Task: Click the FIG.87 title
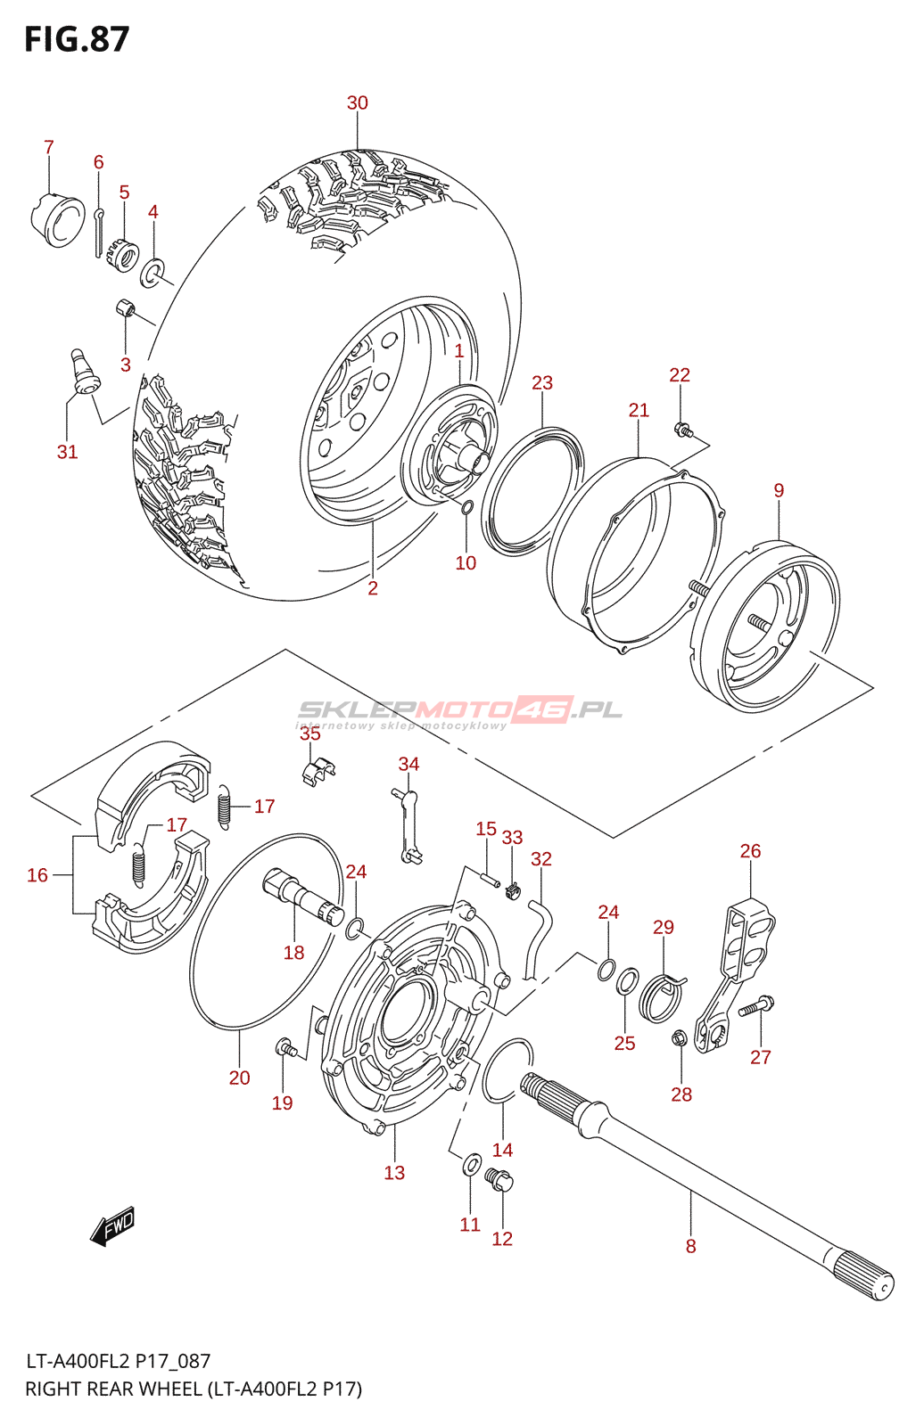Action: pos(77,39)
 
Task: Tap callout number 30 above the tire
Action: pos(358,102)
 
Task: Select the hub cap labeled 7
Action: pos(57,219)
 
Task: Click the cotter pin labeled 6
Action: pos(99,233)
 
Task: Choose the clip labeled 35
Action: pos(318,771)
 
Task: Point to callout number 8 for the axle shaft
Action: pos(690,1246)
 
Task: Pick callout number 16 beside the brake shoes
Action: pos(37,875)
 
